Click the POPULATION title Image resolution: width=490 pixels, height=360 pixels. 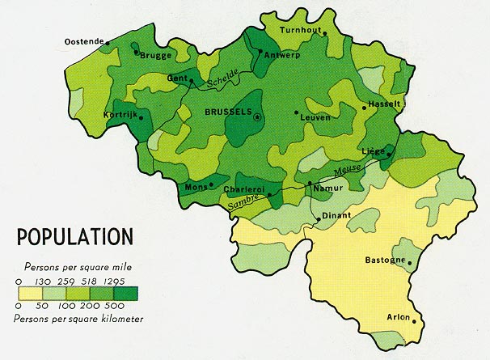[x=74, y=237]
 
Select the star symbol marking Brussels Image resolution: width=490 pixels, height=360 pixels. [x=258, y=117]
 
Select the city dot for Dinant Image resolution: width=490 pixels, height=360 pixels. [x=319, y=217]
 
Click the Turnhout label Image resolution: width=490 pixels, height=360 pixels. [x=300, y=30]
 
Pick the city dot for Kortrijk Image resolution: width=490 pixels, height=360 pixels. [x=141, y=118]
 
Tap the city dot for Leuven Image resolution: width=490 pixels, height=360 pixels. [x=297, y=112]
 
